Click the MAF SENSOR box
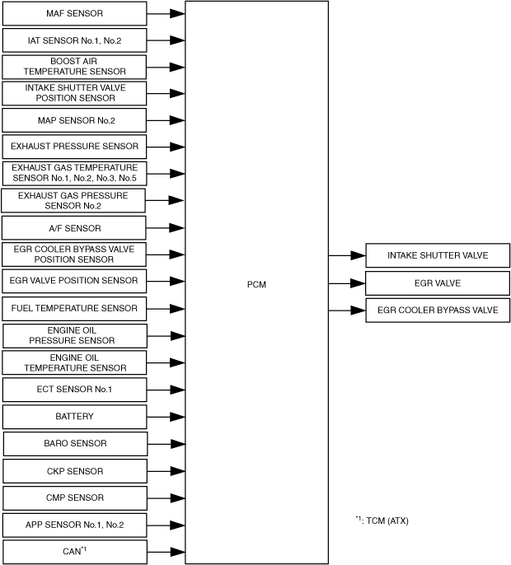pos(74,13)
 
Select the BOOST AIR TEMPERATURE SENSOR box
pos(74,67)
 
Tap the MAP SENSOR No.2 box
pos(74,120)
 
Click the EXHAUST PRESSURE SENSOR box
pos(74,147)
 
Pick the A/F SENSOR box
pos(74,227)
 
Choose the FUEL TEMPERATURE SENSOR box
pos(74,308)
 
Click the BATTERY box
pos(74,417)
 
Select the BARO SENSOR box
pos(74,443)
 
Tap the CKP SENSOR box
pos(74,471)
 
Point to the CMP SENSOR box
pos(74,497)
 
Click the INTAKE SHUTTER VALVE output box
pos(438,255)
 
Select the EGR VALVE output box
pos(438,282)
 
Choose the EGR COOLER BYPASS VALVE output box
pos(438,310)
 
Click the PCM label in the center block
pos(256,284)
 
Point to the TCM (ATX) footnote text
pos(382,521)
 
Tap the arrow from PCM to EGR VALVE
pos(347,282)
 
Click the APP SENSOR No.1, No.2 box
pos(74,524)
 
